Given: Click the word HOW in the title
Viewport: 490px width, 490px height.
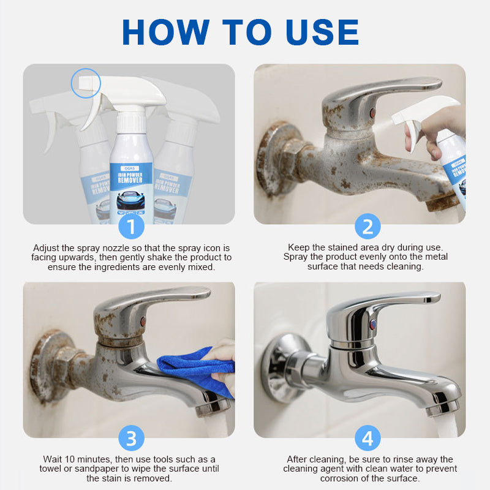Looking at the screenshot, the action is [x=165, y=32].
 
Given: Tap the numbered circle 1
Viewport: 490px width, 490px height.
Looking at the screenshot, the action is [x=131, y=227].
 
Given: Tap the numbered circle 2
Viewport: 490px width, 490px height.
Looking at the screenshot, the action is [x=367, y=226].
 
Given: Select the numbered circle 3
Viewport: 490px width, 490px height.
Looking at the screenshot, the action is [x=131, y=438].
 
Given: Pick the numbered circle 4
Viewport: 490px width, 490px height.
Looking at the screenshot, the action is [x=367, y=438].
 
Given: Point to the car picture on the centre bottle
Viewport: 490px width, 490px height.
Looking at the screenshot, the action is [x=130, y=201].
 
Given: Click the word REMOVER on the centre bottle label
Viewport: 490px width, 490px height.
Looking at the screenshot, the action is [x=130, y=180].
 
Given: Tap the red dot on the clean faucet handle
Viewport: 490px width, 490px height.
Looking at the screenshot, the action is [x=373, y=324].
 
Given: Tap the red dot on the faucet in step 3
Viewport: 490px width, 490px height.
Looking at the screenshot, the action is [x=143, y=321].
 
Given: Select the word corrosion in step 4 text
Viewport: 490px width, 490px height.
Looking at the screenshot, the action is [x=341, y=478].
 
